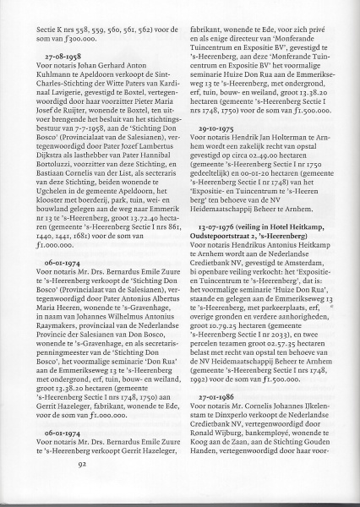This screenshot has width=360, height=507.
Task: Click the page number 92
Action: click(82, 487)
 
